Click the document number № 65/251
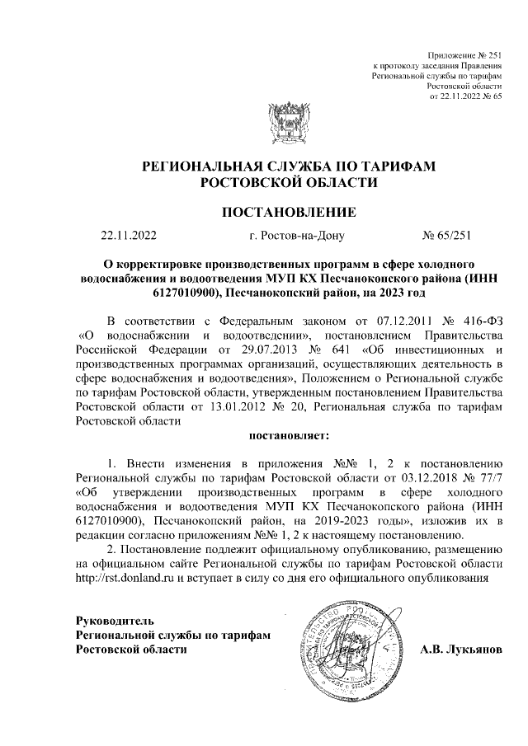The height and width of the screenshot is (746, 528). [445, 237]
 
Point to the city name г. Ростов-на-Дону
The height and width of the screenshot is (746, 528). [296, 237]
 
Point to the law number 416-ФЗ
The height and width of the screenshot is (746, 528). [479, 342]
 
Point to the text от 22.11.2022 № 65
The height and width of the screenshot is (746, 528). [466, 96]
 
